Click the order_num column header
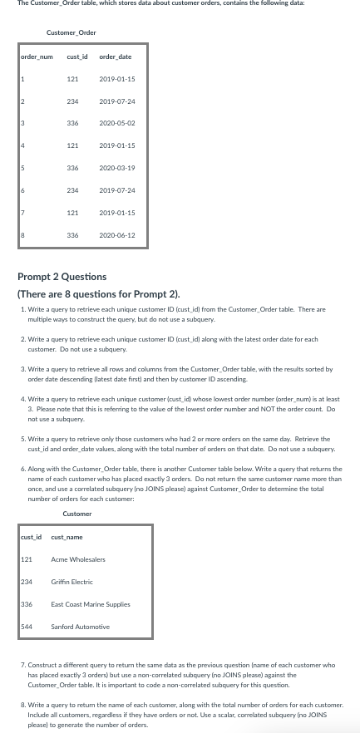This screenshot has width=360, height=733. pyautogui.click(x=36, y=57)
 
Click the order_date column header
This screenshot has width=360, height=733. pyautogui.click(x=115, y=57)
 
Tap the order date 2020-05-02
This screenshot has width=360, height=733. pyautogui.click(x=117, y=123)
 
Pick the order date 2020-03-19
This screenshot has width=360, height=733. pyautogui.click(x=117, y=168)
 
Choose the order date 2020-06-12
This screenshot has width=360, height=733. pyautogui.click(x=117, y=235)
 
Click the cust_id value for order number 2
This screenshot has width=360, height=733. pyautogui.click(x=72, y=101)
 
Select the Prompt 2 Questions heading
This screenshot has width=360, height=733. pyautogui.click(x=62, y=277)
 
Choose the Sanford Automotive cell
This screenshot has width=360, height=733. pyautogui.click(x=80, y=627)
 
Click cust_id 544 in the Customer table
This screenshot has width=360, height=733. pyautogui.click(x=27, y=627)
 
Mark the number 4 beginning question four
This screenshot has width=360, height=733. pyautogui.click(x=22, y=399)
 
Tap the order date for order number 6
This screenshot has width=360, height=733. pyautogui.click(x=117, y=190)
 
